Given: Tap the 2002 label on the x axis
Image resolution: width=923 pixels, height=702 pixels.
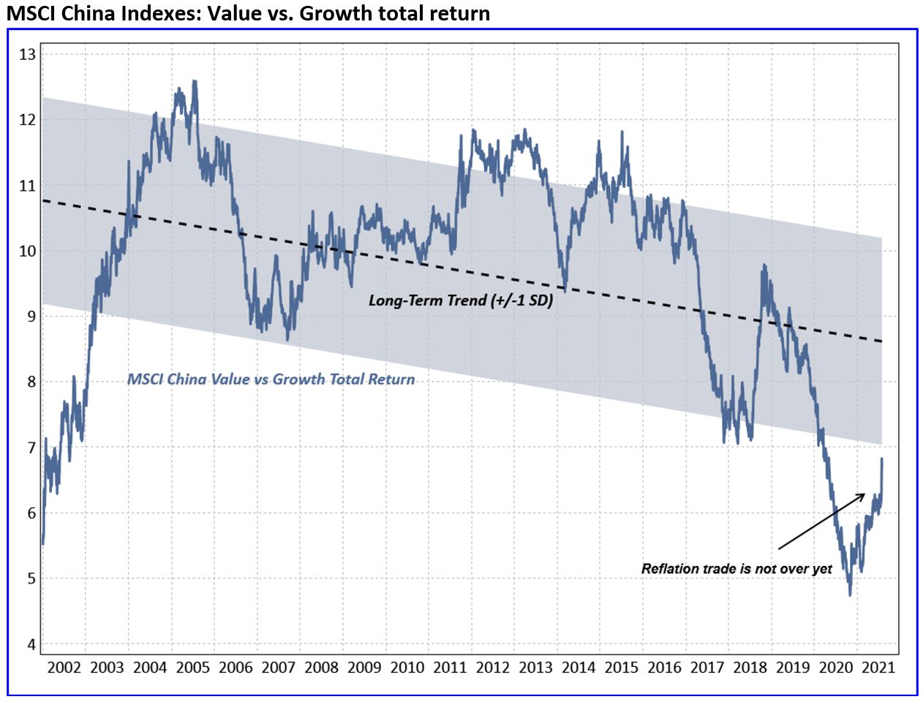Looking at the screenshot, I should [64, 667].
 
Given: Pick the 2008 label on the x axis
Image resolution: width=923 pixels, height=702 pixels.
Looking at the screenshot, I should [321, 667].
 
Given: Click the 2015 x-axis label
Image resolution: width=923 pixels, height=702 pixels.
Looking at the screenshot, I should [622, 667].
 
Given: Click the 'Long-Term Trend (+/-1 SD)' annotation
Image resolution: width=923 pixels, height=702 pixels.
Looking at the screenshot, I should [460, 300].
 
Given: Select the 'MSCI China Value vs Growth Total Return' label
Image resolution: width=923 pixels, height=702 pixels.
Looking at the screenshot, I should [271, 380].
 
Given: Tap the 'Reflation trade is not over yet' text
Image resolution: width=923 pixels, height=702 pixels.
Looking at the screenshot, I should [736, 569].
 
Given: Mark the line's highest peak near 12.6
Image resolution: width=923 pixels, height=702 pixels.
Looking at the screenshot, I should [194, 81].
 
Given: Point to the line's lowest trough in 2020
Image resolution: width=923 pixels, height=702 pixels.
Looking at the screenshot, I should [850, 595].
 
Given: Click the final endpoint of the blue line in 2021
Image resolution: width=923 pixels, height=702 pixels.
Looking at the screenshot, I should [882, 459].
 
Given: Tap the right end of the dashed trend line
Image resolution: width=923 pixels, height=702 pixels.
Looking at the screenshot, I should [881, 341].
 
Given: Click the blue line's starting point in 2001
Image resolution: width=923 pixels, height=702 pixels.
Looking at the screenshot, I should [42, 543].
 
